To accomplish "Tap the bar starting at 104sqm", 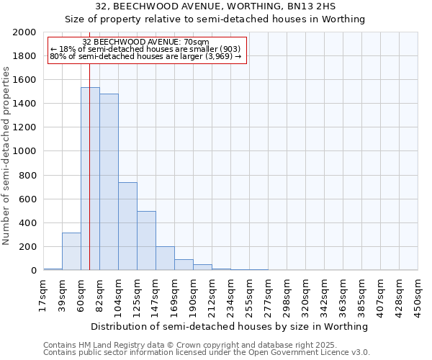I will (127, 226).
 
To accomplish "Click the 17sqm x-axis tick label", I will (43, 295).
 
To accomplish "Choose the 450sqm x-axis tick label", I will (418, 295).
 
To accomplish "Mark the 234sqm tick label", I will (230, 295).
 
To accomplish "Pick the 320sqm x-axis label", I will (305, 295).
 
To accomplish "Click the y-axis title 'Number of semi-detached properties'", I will (6, 156).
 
